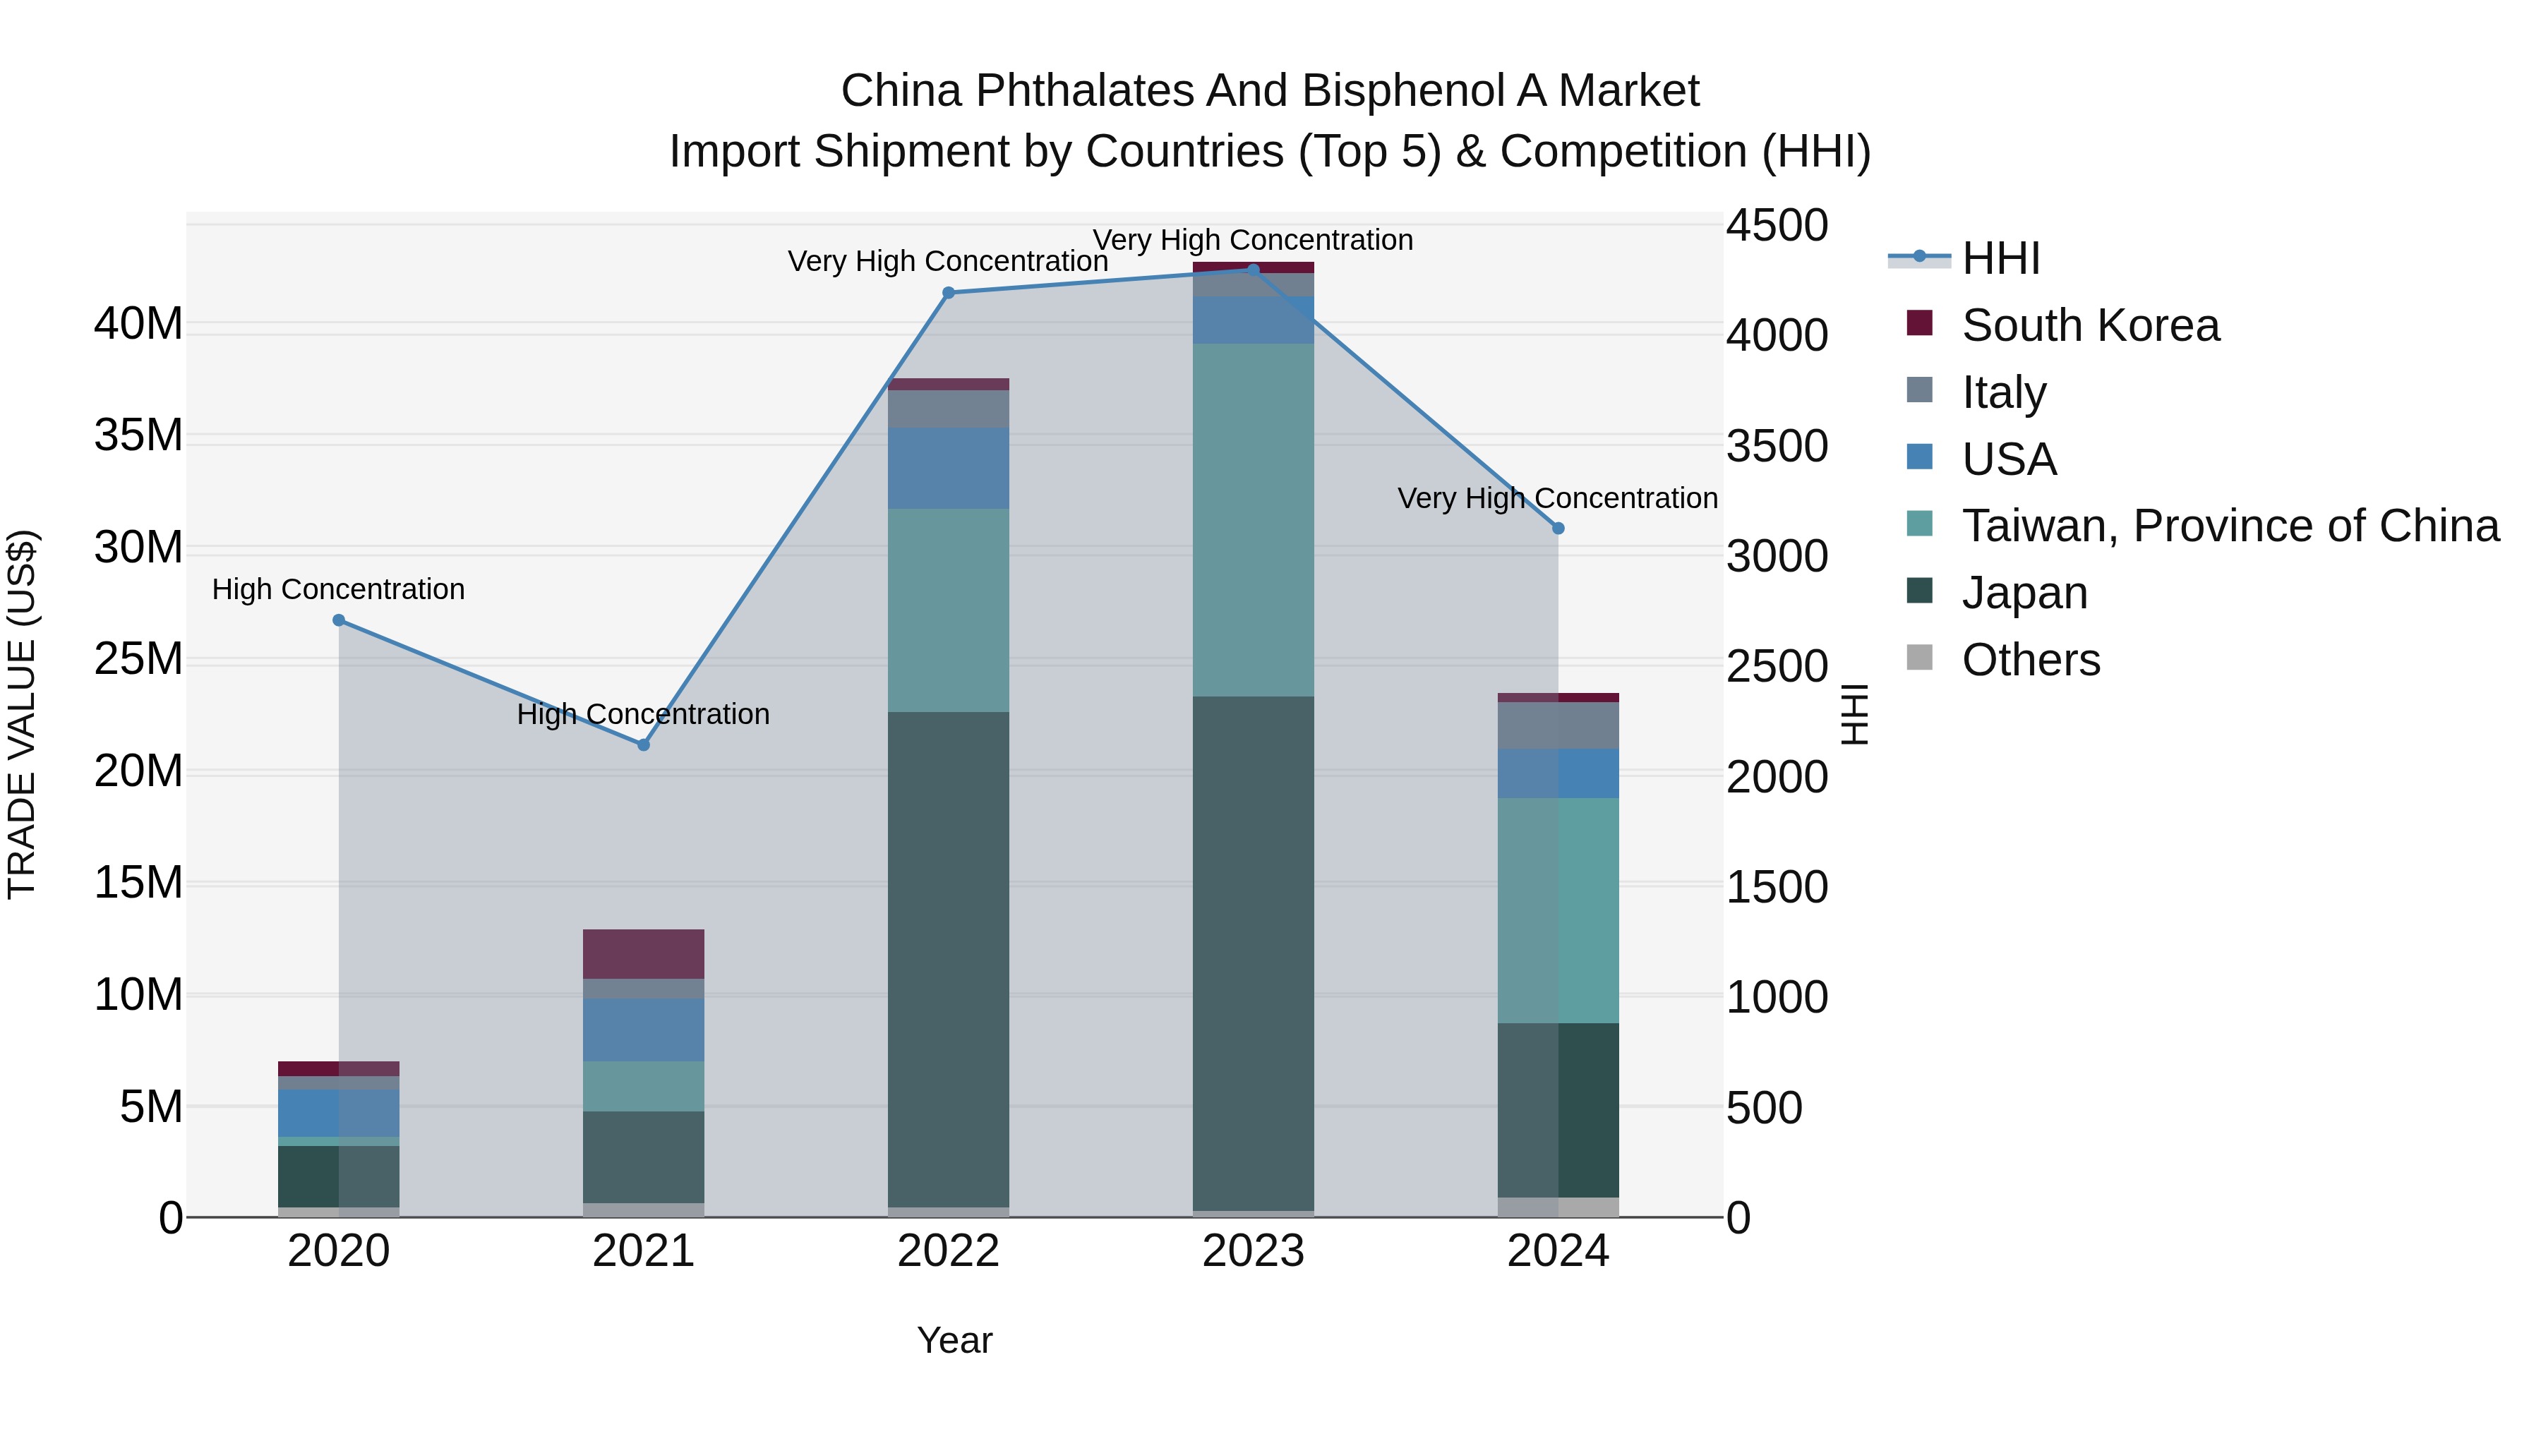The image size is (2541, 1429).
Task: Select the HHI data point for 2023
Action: point(1253,270)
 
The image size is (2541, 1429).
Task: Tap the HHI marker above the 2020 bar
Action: point(338,620)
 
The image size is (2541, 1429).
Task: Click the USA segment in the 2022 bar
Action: point(948,469)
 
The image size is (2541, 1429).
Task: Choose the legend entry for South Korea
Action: point(2089,325)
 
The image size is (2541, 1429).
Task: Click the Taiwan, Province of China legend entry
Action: point(2229,526)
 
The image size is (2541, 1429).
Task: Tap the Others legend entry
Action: point(2030,660)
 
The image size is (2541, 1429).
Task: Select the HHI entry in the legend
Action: point(2000,258)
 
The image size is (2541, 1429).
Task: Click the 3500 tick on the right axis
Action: point(1776,446)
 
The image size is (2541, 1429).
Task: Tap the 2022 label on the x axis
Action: point(948,1251)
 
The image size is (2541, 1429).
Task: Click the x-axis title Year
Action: point(954,1340)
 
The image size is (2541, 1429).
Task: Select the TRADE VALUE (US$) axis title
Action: point(22,714)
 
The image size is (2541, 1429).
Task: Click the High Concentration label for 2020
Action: point(338,590)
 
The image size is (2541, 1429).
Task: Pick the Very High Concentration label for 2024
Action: point(1558,498)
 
